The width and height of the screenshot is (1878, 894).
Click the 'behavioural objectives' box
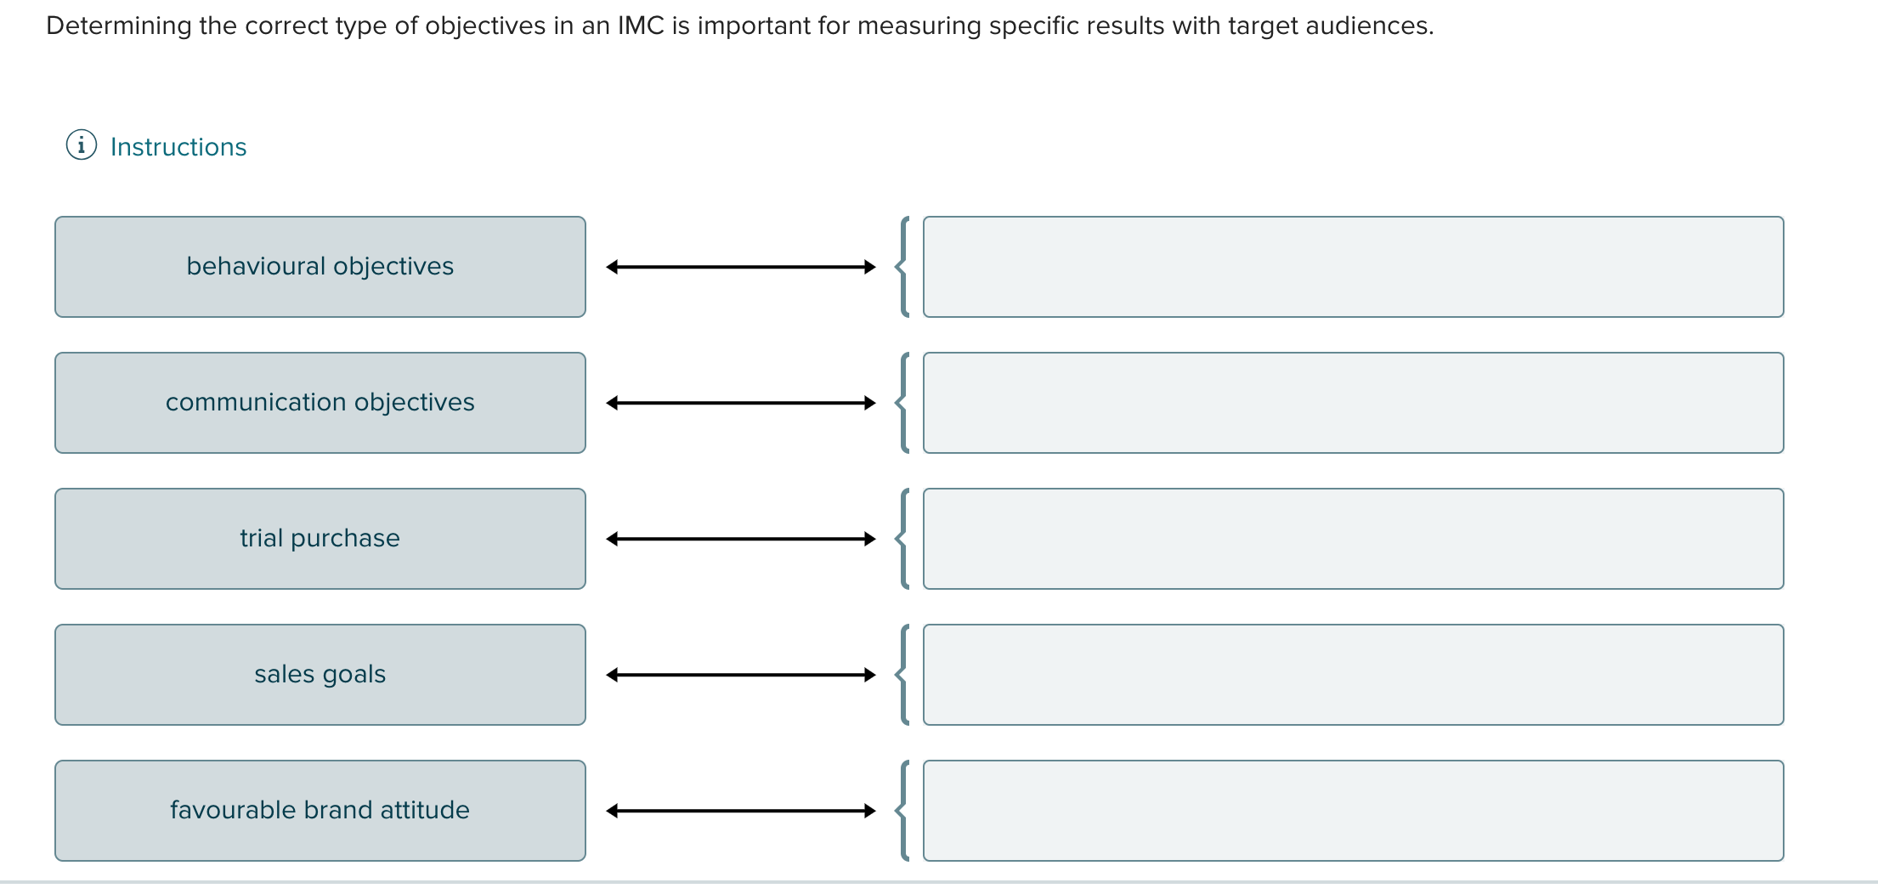pyautogui.click(x=320, y=267)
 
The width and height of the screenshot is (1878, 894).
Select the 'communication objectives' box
pyautogui.click(x=320, y=403)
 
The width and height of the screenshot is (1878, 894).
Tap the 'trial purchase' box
pyautogui.click(x=320, y=539)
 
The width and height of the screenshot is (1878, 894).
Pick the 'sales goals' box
pyautogui.click(x=320, y=675)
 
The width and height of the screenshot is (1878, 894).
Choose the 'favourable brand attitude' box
pyautogui.click(x=320, y=811)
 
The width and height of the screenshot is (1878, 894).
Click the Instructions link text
pyautogui.click(x=178, y=147)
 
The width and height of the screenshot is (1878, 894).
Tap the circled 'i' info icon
pyautogui.click(x=82, y=145)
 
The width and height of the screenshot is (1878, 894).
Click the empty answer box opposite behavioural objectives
pyautogui.click(x=1353, y=267)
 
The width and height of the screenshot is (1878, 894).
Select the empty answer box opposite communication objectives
pyautogui.click(x=1353, y=403)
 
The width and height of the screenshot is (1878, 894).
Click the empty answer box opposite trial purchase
pyautogui.click(x=1353, y=539)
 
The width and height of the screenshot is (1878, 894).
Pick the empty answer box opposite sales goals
pyautogui.click(x=1353, y=675)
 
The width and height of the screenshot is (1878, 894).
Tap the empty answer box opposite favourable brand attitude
pyautogui.click(x=1353, y=811)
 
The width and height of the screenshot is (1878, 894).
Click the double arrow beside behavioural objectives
pyautogui.click(x=741, y=267)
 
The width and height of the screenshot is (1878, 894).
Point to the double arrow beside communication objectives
pyautogui.click(x=741, y=403)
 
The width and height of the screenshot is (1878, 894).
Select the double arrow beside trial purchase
pyautogui.click(x=741, y=539)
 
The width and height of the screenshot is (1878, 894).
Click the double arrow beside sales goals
pyautogui.click(x=741, y=675)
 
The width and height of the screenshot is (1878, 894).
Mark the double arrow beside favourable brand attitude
pyautogui.click(x=741, y=811)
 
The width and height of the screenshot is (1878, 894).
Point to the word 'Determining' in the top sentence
pyautogui.click(x=119, y=26)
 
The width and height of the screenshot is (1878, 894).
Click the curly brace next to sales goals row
pyautogui.click(x=903, y=675)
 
